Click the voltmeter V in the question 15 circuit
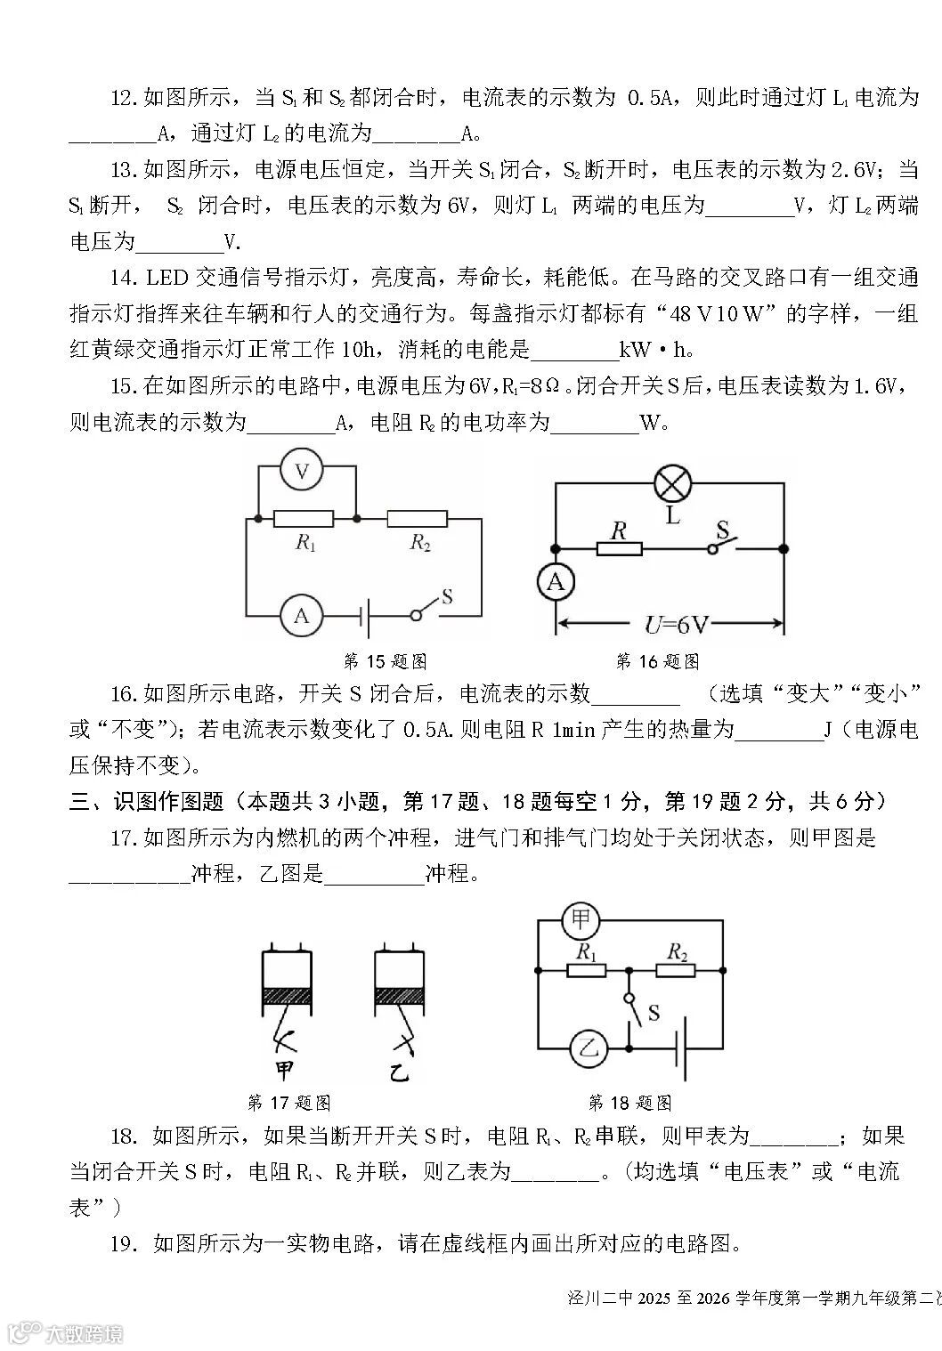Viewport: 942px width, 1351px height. (302, 473)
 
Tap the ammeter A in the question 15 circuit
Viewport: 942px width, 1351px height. (302, 615)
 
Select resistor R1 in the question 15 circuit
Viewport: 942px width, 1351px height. (304, 518)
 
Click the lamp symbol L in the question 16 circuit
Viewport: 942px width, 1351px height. (672, 484)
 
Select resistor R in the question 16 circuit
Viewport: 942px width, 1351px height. (619, 549)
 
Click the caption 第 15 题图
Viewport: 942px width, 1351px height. (385, 661)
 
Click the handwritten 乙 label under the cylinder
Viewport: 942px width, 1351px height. (398, 1071)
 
